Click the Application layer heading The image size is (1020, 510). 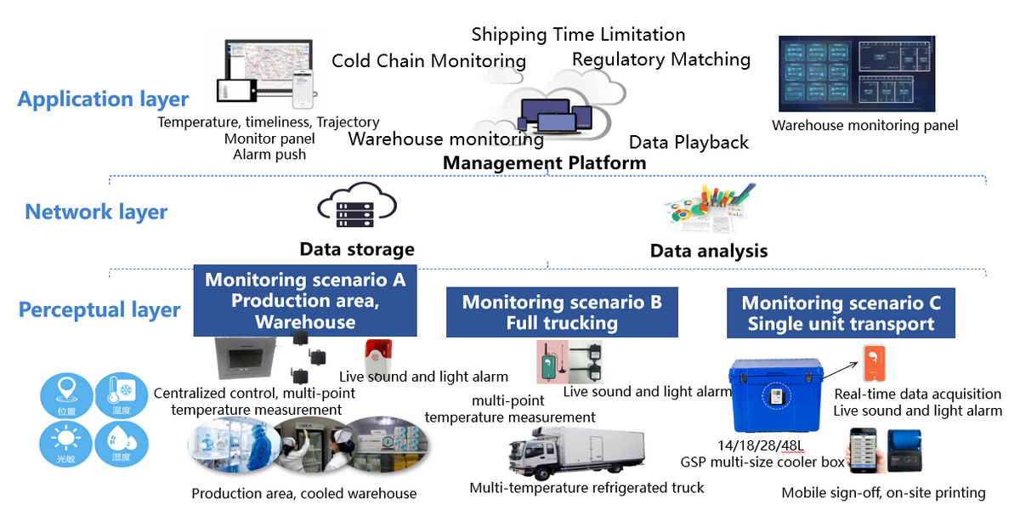103,99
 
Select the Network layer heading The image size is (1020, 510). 96,212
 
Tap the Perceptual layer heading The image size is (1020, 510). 99,309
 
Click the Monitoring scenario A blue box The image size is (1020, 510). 305,301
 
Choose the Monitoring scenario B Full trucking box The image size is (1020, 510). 562,313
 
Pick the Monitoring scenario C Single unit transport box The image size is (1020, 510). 841,314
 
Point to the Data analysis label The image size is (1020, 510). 709,251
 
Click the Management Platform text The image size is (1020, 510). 545,162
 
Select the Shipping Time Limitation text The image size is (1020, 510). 578,35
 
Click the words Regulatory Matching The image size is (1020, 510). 661,59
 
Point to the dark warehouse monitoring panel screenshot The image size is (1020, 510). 857,74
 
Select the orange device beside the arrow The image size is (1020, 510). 873,363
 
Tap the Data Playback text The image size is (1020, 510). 688,142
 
